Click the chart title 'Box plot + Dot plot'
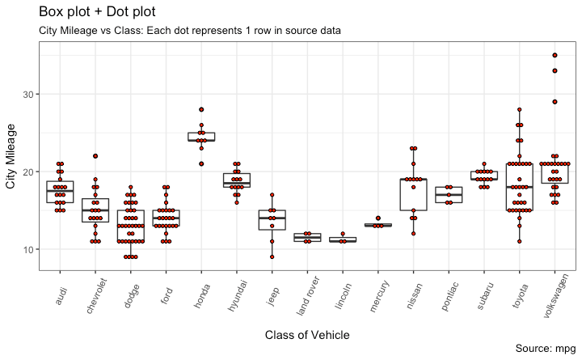[x=97, y=12]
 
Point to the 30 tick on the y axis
[x=30, y=95]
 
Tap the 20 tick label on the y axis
[x=30, y=172]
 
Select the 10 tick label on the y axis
[x=30, y=250]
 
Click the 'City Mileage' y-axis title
[x=11, y=156]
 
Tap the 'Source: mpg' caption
[x=544, y=349]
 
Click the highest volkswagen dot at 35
[x=555, y=56]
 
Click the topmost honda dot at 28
[x=201, y=110]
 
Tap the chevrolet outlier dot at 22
[x=95, y=156]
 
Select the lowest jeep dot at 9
[x=271, y=257]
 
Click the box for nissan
[x=413, y=194]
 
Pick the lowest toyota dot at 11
[x=520, y=242]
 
